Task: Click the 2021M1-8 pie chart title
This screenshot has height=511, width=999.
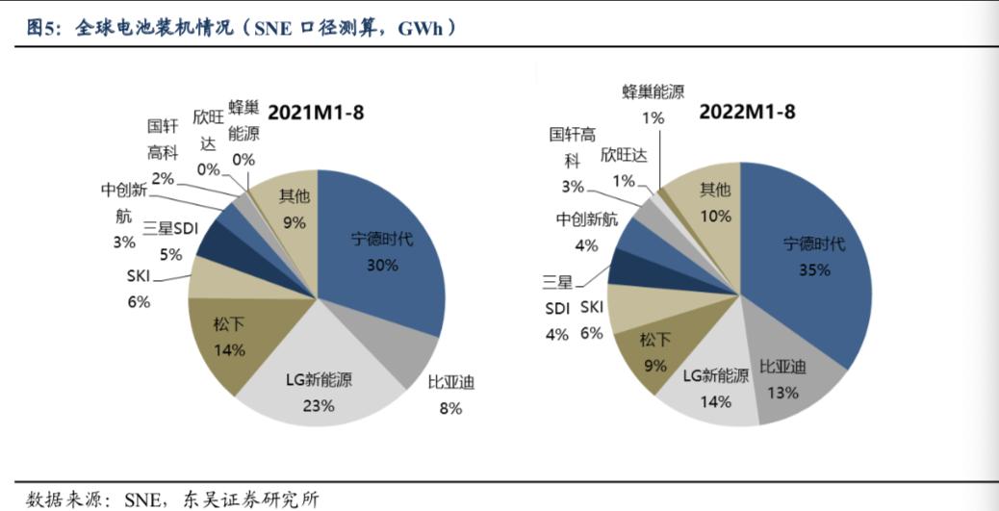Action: coord(316,112)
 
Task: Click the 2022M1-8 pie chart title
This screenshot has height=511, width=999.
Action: coord(747,112)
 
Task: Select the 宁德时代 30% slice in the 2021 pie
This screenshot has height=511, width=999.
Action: coord(380,250)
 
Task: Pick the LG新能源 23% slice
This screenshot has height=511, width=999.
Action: coord(318,390)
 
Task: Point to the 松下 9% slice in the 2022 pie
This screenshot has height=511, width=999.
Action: coord(654,351)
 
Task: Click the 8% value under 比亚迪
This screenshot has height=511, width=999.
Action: coord(451,408)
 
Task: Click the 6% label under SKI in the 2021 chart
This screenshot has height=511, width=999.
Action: coord(139,301)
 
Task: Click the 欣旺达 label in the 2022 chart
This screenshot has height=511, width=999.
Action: coord(624,155)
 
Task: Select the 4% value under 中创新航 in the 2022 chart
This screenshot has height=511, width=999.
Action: coord(586,244)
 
